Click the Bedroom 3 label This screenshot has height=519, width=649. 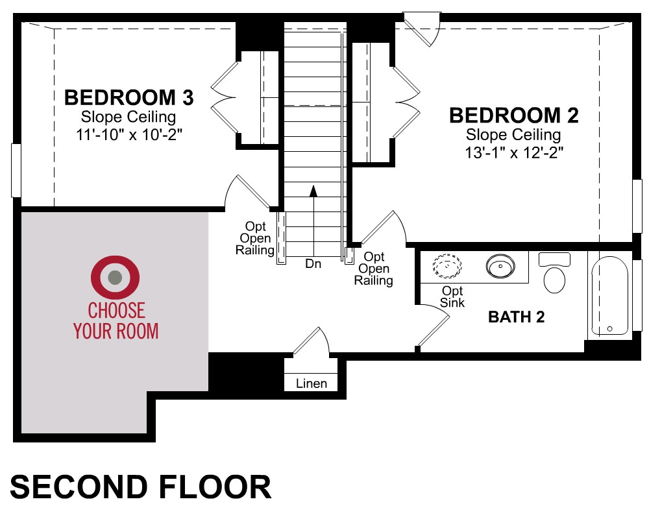pyautogui.click(x=129, y=98)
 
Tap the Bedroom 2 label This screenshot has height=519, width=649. pyautogui.click(x=513, y=115)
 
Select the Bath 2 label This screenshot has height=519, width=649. pyautogui.click(x=516, y=317)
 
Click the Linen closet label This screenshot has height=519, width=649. pyautogui.click(x=312, y=383)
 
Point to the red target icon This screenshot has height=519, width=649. pyautogui.click(x=115, y=277)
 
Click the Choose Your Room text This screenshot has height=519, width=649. pyautogui.click(x=116, y=320)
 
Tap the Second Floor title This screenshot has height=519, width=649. pyautogui.click(x=141, y=487)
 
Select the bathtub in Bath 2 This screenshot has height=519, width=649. pyautogui.click(x=609, y=296)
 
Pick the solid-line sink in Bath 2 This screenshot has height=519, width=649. pyautogui.click(x=500, y=266)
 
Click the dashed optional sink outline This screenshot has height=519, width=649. pyautogui.click(x=447, y=266)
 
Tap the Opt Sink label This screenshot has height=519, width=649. pyautogui.click(x=452, y=296)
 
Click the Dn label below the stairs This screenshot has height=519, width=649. pyautogui.click(x=313, y=263)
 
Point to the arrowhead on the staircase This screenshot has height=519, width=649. pyautogui.click(x=313, y=191)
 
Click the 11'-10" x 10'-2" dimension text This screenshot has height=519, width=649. pyautogui.click(x=129, y=134)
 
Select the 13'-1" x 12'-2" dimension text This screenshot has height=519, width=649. pyautogui.click(x=514, y=152)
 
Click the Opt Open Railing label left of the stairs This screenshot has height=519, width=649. pyautogui.click(x=255, y=238)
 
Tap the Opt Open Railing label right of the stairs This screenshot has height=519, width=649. pyautogui.click(x=373, y=269)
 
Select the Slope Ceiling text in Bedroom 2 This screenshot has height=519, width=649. pyautogui.click(x=513, y=134)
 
